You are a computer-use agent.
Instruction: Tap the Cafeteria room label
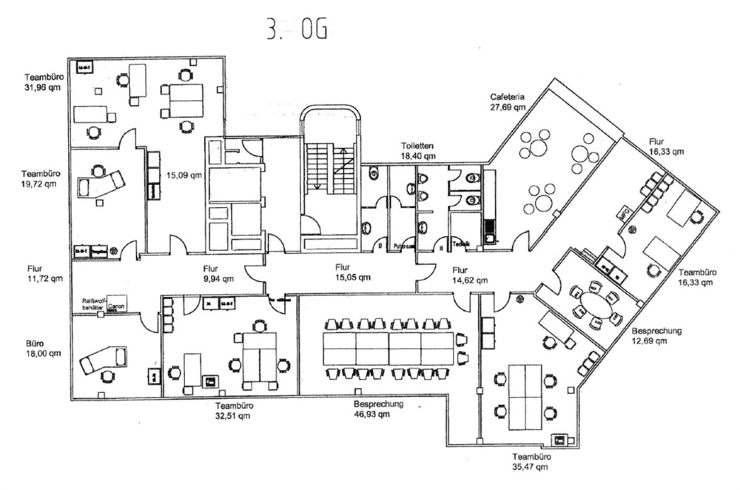coord(507,97)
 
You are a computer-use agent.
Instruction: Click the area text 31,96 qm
coord(42,87)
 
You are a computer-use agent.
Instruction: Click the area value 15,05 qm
coord(351,278)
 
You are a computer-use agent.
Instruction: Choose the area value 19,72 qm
coord(41,184)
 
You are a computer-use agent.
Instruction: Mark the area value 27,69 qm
coord(507,107)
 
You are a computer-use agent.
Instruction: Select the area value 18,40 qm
coord(418,156)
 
